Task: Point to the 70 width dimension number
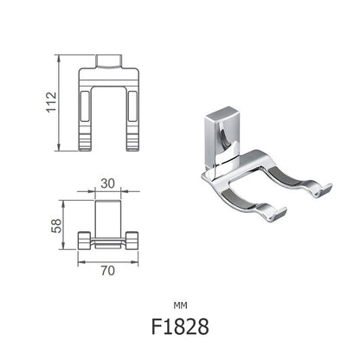(107, 270)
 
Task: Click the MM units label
(179, 305)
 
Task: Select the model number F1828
(179, 328)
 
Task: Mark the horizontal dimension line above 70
(107, 260)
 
